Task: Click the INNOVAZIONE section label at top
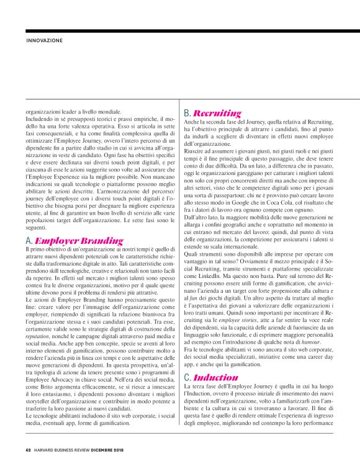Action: click(45, 41)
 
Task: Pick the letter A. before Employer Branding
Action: click(29, 240)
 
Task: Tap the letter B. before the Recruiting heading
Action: click(188, 114)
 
